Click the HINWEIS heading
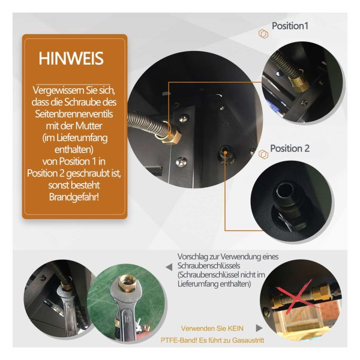coord(71,58)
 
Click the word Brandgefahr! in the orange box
coord(74,197)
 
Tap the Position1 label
coord(290,26)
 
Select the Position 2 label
coord(290,148)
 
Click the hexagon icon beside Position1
coord(263,34)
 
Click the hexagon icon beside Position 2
coord(263,154)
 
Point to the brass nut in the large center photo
coord(169,136)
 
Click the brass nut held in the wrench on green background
coord(127,284)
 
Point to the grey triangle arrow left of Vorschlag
coord(169,267)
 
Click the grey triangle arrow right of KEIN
coord(259,328)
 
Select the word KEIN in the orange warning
coord(235,328)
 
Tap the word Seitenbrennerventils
coord(74,114)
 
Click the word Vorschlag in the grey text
coord(192,257)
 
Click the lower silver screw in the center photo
coord(181,161)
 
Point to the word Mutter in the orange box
coord(89,126)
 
